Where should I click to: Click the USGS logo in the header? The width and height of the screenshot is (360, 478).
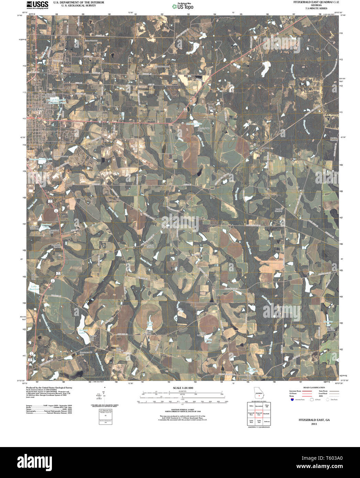[37, 4]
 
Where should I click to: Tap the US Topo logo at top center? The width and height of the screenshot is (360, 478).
[183, 6]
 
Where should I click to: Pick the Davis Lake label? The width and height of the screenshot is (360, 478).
[150, 324]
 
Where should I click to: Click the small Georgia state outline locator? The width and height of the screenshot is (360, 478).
[259, 393]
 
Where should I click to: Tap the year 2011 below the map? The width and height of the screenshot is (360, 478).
[314, 424]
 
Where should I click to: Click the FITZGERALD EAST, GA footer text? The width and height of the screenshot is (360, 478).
[314, 420]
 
